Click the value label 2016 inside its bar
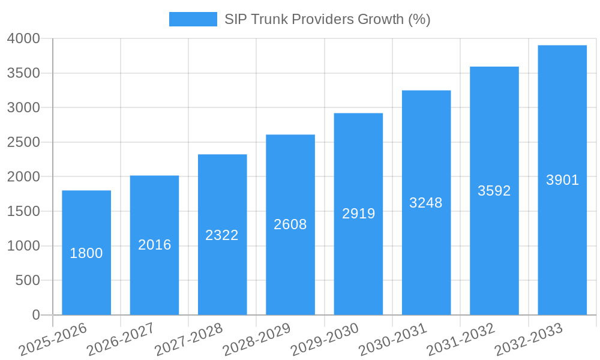(x=154, y=245)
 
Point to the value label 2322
(x=222, y=235)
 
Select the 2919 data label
(x=358, y=214)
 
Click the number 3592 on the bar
(x=494, y=191)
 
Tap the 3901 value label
(x=562, y=180)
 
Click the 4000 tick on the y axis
(x=23, y=39)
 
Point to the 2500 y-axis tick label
(x=23, y=143)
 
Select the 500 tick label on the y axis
(x=28, y=281)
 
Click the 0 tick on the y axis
(x=35, y=315)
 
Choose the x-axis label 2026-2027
(x=120, y=340)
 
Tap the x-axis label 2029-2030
(x=324, y=340)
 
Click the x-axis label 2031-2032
(x=460, y=340)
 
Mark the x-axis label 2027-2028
(x=188, y=340)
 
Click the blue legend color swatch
(x=193, y=19)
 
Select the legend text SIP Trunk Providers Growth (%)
(x=327, y=19)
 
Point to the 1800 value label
(x=86, y=253)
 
